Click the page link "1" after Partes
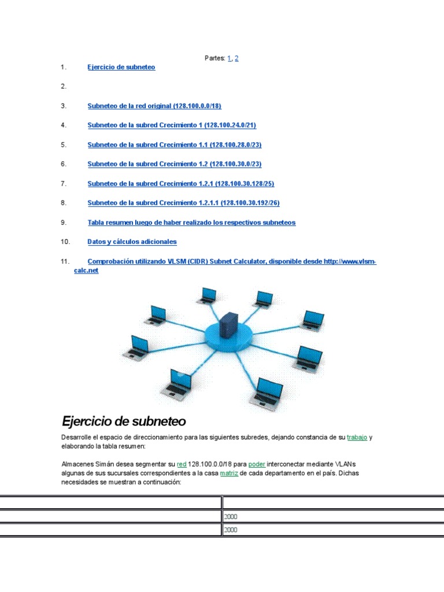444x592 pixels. pos(230,58)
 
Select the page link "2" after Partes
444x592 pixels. pos(236,58)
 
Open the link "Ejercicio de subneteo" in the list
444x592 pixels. pos(121,67)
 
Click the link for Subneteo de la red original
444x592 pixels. pos(154,106)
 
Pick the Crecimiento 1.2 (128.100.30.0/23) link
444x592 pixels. pos(175,164)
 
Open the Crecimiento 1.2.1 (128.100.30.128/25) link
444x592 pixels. pos(180,183)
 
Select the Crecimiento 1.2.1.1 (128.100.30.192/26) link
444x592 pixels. pos(183,203)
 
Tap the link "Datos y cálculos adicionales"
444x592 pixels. pos(132,242)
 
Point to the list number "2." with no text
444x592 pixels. pos(64,86)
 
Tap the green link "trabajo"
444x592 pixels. pos(357,438)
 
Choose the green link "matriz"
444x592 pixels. pos(229,473)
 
